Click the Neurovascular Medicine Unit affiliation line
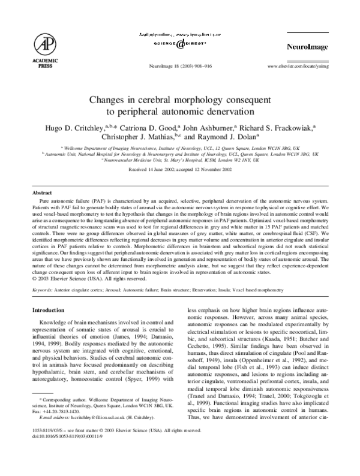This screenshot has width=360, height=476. tap(179, 161)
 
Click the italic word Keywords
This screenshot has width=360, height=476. tap(43, 289)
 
